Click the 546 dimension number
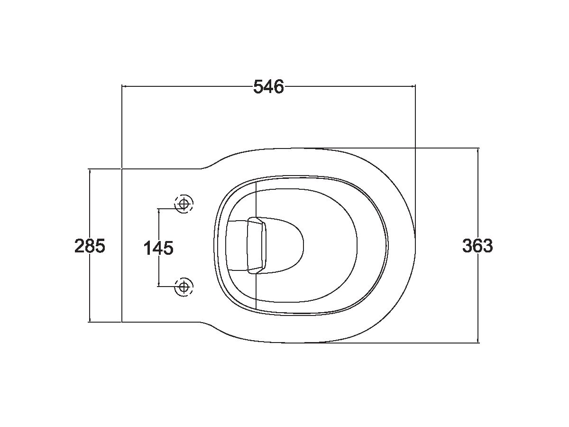pos(268,87)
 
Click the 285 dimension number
pos(90,246)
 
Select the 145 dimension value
pos(158,248)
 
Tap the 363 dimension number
pos(477,246)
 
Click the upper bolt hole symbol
pos(184,204)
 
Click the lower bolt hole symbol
pos(184,287)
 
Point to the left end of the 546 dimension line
pos(122,86)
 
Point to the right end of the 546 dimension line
pos(415,86)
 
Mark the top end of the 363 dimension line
pos(477,148)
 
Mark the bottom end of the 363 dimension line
pos(477,342)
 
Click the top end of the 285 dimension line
pos(90,168)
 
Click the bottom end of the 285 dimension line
pos(90,322)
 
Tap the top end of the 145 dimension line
pos(158,208)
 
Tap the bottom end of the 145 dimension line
pos(158,286)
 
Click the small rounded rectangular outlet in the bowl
pos(257,245)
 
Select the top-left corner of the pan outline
pos(122,168)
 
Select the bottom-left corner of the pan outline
pos(122,322)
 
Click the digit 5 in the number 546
pos(258,87)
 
